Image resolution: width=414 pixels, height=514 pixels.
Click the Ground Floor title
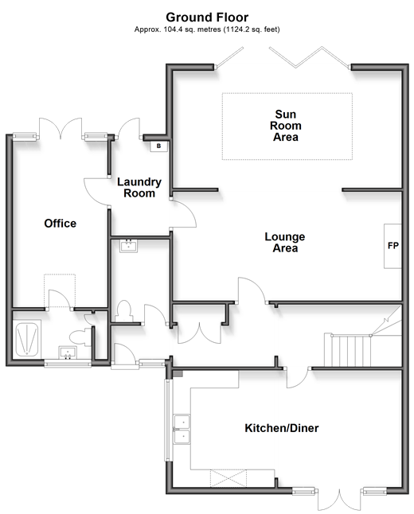coord(207,17)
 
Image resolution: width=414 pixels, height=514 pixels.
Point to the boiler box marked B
coord(158,146)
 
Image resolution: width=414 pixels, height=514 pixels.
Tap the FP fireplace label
coord(393,246)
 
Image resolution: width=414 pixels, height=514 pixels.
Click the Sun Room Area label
coord(285,126)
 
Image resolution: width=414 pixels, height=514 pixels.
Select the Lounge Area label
coord(285,242)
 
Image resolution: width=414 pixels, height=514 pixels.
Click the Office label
coord(60,224)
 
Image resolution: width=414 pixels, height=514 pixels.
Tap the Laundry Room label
coord(139,187)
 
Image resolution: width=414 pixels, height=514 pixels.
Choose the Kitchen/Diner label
coord(282,428)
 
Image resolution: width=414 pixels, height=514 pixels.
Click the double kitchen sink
coord(182,429)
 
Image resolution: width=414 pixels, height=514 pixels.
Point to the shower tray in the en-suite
coord(27,339)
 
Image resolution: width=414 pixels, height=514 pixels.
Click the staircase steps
coord(348,350)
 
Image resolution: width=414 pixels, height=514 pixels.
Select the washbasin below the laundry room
coord(129,246)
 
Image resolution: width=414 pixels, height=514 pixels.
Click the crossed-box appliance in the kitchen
coord(228,478)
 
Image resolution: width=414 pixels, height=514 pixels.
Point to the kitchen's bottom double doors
coord(339,500)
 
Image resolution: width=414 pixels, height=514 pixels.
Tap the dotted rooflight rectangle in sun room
coord(287,127)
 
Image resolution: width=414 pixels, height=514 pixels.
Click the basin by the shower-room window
coord(68,353)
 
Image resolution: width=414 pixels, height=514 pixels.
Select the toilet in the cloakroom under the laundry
coord(123,311)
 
